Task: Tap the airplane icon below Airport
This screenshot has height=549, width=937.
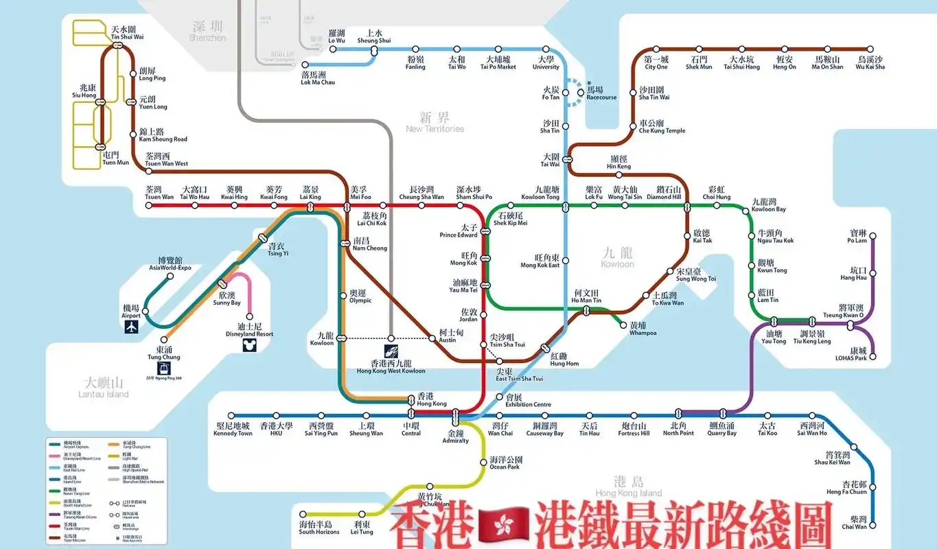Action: click(x=131, y=328)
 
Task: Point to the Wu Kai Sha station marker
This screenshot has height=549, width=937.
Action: click(x=870, y=49)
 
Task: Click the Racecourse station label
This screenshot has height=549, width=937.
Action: click(x=601, y=93)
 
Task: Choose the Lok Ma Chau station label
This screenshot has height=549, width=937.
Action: click(x=318, y=78)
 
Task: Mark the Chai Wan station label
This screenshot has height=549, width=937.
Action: click(x=854, y=523)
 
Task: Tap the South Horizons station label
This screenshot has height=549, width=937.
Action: click(x=319, y=528)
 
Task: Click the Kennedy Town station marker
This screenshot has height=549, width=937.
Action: click(x=233, y=416)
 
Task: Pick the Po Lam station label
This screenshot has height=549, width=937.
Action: click(x=857, y=237)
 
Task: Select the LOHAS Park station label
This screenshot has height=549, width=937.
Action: click(x=851, y=354)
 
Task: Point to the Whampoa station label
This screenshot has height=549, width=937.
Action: click(x=643, y=329)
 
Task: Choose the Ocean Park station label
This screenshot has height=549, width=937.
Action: click(x=505, y=463)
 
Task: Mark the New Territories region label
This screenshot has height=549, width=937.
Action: click(x=435, y=122)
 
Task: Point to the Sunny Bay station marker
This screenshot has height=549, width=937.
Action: click(x=222, y=284)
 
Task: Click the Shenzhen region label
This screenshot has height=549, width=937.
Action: click(x=207, y=31)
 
